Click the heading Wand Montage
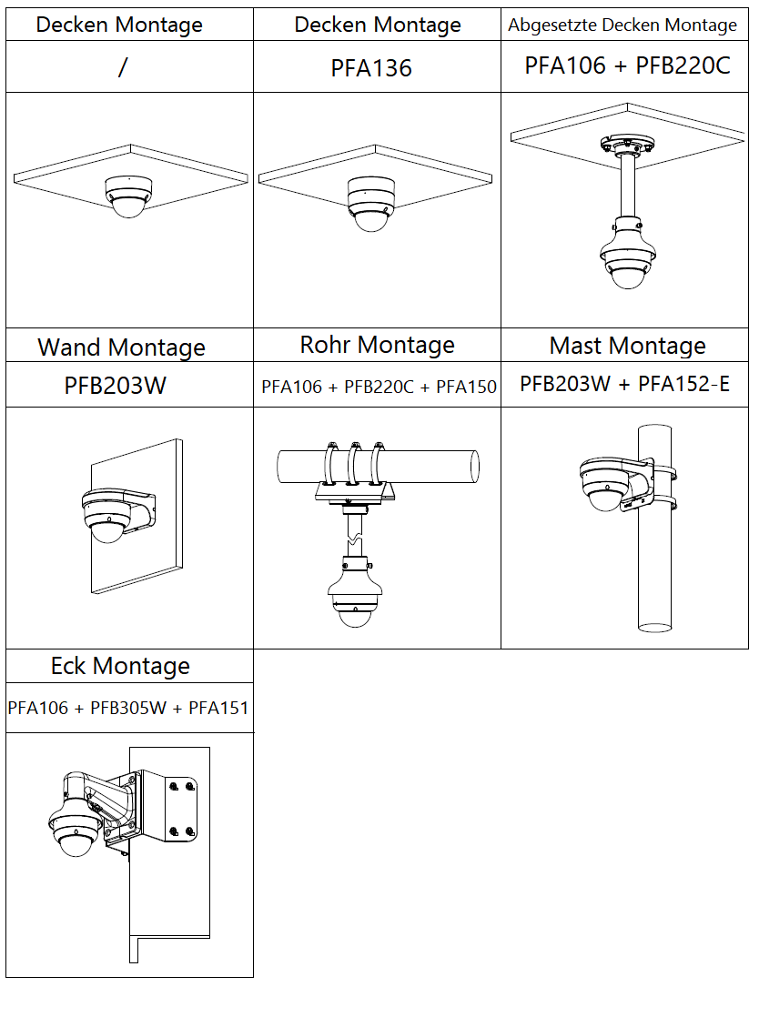tap(121, 347)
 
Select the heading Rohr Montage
tap(377, 345)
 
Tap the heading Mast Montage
tap(627, 346)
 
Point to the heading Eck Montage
tap(120, 666)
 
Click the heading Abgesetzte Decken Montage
tap(622, 25)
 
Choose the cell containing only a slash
tap(122, 68)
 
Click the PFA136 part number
tap(371, 68)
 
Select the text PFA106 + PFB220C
tap(627, 65)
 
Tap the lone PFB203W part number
tap(116, 386)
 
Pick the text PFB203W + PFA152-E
tap(624, 384)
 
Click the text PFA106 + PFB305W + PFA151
tap(128, 708)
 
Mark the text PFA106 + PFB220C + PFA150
tap(379, 387)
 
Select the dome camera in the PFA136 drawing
tap(370, 204)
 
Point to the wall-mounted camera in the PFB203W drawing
tap(109, 516)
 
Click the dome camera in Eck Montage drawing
tap(76, 828)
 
